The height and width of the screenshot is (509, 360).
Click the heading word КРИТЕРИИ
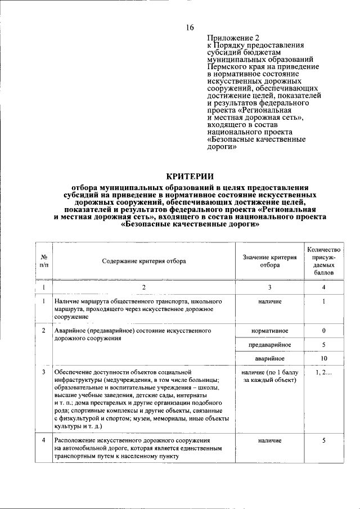190,176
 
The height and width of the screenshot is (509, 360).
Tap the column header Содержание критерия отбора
143,260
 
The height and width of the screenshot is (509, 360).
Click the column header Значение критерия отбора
269,260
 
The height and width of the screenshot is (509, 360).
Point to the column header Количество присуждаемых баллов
323,260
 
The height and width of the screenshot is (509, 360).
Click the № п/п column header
43,260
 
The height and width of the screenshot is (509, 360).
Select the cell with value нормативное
269,330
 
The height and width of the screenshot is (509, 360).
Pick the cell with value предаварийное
269,344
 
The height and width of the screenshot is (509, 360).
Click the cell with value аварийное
269,358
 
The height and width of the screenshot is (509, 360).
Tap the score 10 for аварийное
323,358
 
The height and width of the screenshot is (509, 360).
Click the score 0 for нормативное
323,330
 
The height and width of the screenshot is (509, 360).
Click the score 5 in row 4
323,440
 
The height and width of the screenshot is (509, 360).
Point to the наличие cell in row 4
269,440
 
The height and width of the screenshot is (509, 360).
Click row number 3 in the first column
43,372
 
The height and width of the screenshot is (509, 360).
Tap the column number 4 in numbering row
323,287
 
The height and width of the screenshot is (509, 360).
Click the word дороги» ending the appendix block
221,147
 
